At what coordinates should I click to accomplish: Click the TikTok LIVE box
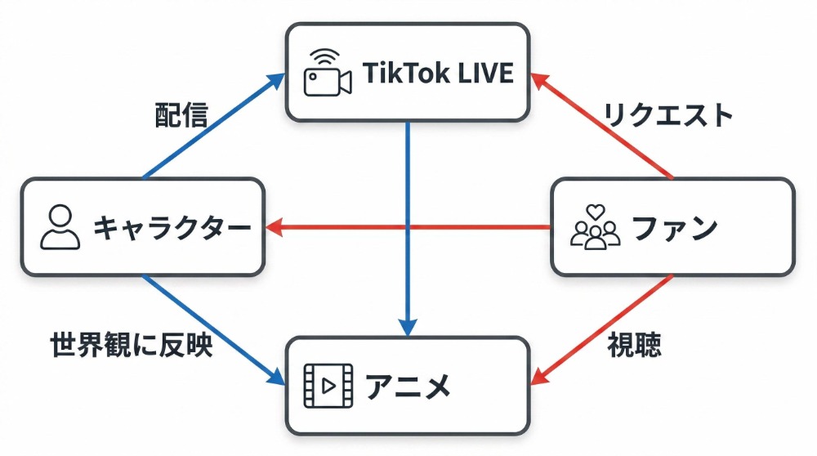pos(407,72)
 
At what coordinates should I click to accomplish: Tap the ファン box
pos(672,227)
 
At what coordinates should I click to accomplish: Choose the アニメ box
pos(407,385)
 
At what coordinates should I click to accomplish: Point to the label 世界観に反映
pos(132,346)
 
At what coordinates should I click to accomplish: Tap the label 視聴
pos(634,346)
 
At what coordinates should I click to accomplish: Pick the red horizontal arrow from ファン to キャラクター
pos(408,227)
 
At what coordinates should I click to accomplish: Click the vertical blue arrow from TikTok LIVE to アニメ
pos(407,221)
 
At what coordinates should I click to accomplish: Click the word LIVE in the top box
pos(482,74)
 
